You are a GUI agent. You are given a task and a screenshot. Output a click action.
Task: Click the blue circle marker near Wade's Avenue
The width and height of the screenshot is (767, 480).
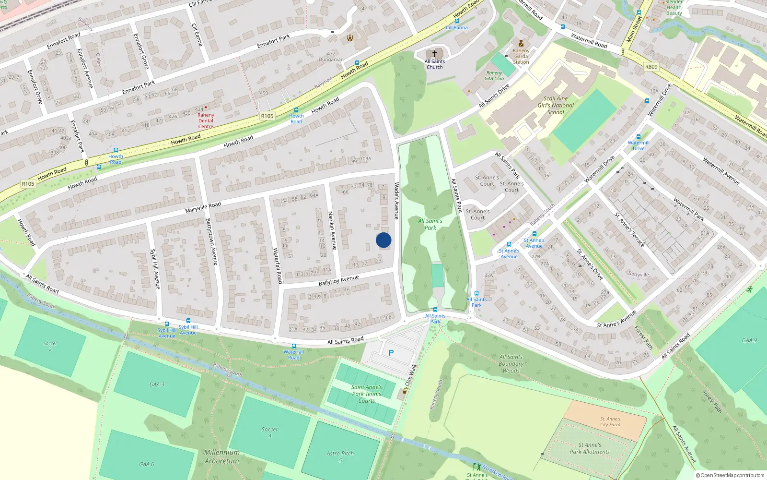click(x=383, y=240)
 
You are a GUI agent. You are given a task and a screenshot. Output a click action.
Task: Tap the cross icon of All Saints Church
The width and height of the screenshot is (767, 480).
click(x=435, y=54)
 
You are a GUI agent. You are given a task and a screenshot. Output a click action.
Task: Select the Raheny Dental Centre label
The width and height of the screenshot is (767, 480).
click(x=206, y=120)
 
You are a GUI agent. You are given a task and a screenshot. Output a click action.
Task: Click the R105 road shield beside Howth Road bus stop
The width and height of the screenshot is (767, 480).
click(x=267, y=116)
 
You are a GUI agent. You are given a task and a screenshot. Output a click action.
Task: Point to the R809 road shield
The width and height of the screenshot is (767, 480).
click(x=651, y=67)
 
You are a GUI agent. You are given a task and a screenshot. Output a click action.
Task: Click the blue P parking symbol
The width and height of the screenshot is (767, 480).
click(x=391, y=353)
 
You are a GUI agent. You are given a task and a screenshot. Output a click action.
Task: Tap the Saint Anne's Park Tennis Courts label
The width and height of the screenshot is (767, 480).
click(x=367, y=394)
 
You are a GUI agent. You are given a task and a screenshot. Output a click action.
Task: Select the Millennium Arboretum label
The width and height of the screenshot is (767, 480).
click(x=221, y=456)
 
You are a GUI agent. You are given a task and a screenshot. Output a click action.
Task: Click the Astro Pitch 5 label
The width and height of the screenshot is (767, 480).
click(x=340, y=456)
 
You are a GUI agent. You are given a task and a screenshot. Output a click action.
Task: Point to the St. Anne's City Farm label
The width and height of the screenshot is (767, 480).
click(x=610, y=421)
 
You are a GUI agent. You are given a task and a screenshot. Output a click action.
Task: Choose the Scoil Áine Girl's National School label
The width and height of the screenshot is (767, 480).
click(x=556, y=105)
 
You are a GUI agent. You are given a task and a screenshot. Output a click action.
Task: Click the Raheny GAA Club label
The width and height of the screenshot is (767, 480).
click(x=494, y=76)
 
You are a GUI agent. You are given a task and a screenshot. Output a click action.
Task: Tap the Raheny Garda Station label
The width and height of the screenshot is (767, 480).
click(x=521, y=56)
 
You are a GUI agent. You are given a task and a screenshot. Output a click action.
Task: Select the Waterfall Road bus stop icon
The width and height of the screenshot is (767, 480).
click(x=294, y=346)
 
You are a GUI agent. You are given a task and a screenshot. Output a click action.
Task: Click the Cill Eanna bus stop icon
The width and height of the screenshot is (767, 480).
click(x=457, y=21)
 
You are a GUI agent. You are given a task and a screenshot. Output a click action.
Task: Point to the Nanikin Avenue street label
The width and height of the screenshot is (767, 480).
click(x=332, y=230)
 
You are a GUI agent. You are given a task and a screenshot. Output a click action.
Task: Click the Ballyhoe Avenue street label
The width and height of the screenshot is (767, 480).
click(x=338, y=280)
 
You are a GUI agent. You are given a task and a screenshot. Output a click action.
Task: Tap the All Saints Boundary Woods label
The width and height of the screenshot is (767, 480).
click(x=511, y=363)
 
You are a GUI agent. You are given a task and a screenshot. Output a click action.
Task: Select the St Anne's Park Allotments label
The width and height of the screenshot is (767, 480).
click(x=590, y=448)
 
